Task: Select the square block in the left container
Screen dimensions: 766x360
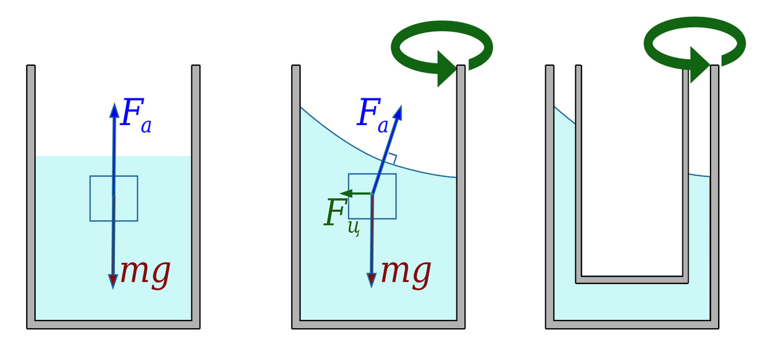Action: [x=114, y=199]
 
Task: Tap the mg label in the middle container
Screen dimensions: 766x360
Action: [x=405, y=271]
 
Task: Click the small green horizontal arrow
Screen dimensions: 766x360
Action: [x=355, y=193]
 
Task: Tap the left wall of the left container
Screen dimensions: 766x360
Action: [x=31, y=191]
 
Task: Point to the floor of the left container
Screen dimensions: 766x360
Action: [x=114, y=324]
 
